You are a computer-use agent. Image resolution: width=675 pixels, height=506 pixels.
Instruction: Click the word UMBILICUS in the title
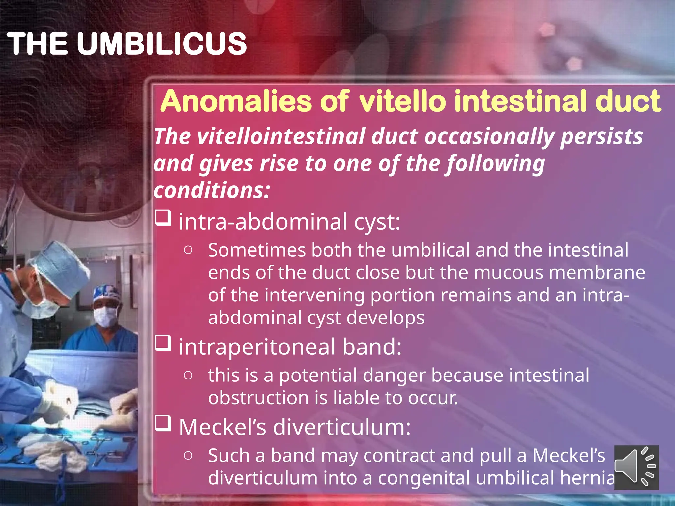point(161,44)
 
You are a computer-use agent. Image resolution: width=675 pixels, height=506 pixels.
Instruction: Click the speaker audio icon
point(636,467)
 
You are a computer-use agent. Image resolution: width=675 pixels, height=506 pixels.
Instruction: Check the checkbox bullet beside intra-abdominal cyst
point(163,218)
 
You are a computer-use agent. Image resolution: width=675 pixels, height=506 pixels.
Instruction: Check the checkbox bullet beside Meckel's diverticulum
point(163,423)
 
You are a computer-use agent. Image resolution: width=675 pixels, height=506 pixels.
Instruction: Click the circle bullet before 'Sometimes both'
point(188,250)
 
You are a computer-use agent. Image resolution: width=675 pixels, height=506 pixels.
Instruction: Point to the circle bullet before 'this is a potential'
point(188,375)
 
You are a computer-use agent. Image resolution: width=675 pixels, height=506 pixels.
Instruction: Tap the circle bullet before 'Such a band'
point(188,456)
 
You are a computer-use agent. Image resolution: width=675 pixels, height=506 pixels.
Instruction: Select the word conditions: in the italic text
point(212,190)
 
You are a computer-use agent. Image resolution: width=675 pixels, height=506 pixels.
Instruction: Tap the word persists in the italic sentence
point(602,136)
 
